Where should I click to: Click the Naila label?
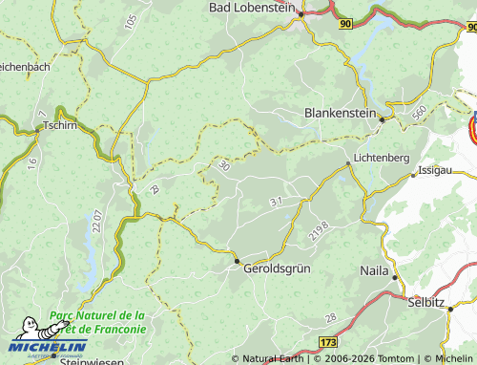pyautogui.click(x=372, y=271)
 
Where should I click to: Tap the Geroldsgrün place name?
pyautogui.click(x=278, y=269)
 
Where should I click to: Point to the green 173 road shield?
pyautogui.click(x=328, y=341)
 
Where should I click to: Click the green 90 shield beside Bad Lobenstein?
pyautogui.click(x=344, y=22)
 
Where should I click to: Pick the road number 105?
pyautogui.click(x=131, y=22)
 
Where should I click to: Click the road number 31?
pyautogui.click(x=276, y=202)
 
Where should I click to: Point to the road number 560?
pyautogui.click(x=419, y=112)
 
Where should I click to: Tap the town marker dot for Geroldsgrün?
pyautogui.click(x=237, y=259)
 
